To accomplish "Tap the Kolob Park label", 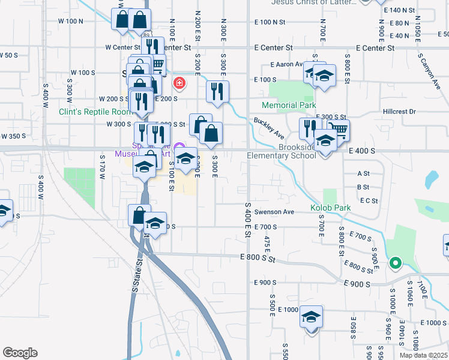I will coord(330,208).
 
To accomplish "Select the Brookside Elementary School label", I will coord(282,151).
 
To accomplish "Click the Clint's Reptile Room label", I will coord(95,112).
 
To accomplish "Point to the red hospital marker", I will coord(178,83).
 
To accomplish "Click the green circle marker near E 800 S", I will coord(395,262).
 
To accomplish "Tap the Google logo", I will coord(20,353).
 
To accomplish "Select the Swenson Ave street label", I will coord(274,212).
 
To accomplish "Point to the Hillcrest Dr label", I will coord(399,112).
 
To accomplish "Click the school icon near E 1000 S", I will coord(312,316).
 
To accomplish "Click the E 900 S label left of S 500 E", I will coord(265,282).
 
